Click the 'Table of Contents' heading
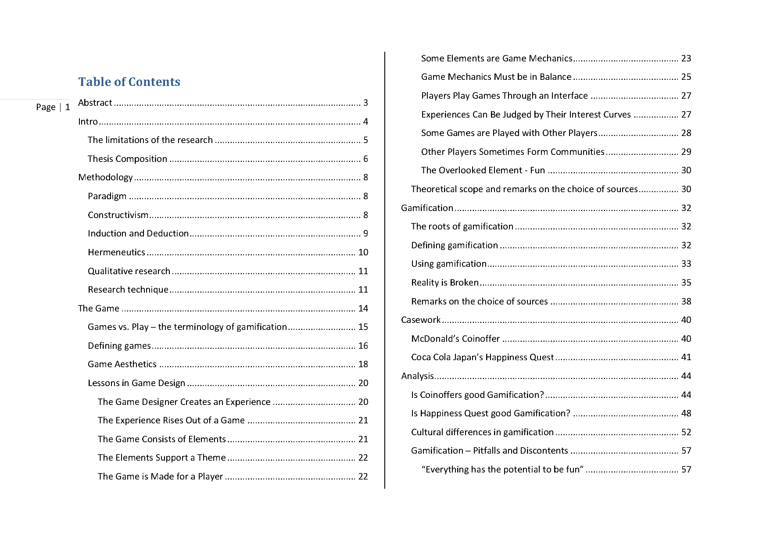[129, 82]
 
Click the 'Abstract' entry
[95, 103]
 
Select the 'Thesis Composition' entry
[127, 159]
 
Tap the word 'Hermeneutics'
[116, 252]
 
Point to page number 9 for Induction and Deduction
[365, 233]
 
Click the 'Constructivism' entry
[118, 215]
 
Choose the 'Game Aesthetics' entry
[122, 364]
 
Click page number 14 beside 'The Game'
[363, 308]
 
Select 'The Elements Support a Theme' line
[161, 458]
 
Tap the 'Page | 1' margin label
[53, 107]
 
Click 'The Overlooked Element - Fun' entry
[483, 170]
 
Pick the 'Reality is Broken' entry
[444, 283]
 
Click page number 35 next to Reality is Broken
[686, 283]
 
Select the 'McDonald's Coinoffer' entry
[455, 339]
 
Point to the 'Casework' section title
[420, 320]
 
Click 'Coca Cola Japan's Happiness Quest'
[482, 357]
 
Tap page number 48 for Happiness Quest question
[686, 413]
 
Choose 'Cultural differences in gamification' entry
[482, 432]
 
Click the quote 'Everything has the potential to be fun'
[502, 469]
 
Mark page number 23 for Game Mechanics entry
[686, 58]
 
